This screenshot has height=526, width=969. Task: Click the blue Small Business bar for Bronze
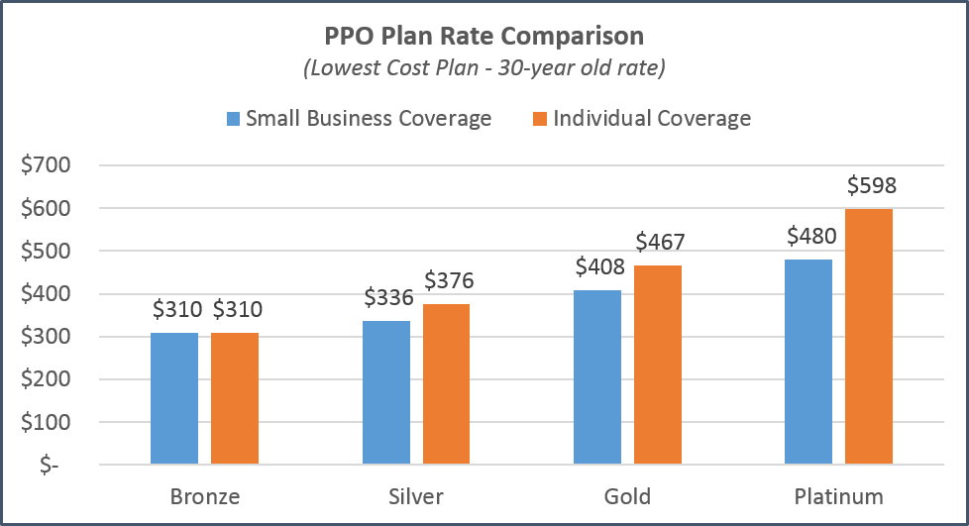click(x=174, y=398)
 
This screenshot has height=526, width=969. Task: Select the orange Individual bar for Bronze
click(x=235, y=398)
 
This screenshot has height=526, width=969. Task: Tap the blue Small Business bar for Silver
click(x=385, y=392)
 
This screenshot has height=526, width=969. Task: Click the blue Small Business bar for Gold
click(x=597, y=377)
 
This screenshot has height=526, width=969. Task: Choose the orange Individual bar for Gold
click(x=658, y=365)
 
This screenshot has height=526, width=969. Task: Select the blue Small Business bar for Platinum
click(x=808, y=362)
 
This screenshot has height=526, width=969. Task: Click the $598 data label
click(x=870, y=186)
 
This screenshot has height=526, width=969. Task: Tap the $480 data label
click(x=808, y=237)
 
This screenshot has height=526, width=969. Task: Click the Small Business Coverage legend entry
click(x=359, y=119)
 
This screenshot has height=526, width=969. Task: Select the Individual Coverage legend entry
click(x=641, y=119)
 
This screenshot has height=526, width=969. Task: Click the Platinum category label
click(x=838, y=495)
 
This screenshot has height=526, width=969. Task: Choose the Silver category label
click(x=416, y=495)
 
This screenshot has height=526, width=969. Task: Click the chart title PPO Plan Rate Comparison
click(x=484, y=37)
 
